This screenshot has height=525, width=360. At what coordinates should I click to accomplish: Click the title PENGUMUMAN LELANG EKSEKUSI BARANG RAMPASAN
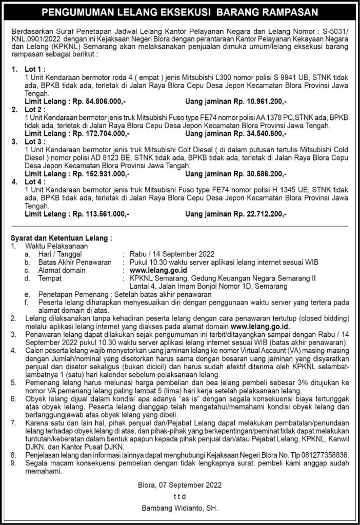(x=179, y=11)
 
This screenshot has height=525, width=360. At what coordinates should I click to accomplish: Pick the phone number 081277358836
(x=325, y=454)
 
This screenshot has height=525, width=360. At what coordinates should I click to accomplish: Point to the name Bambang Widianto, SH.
(x=179, y=509)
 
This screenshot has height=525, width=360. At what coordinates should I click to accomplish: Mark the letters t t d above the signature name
(x=179, y=497)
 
